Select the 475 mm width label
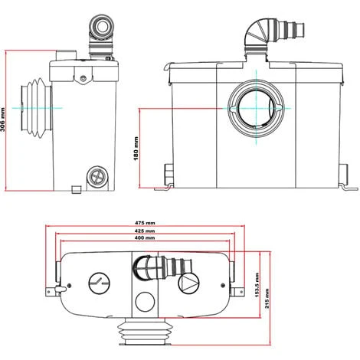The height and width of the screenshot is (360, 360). point(143,223)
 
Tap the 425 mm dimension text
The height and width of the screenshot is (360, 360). point(143,231)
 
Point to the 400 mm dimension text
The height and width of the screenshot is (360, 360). point(143,238)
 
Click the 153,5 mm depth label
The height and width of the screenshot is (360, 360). point(259,286)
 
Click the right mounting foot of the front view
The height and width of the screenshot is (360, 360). point(347,187)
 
